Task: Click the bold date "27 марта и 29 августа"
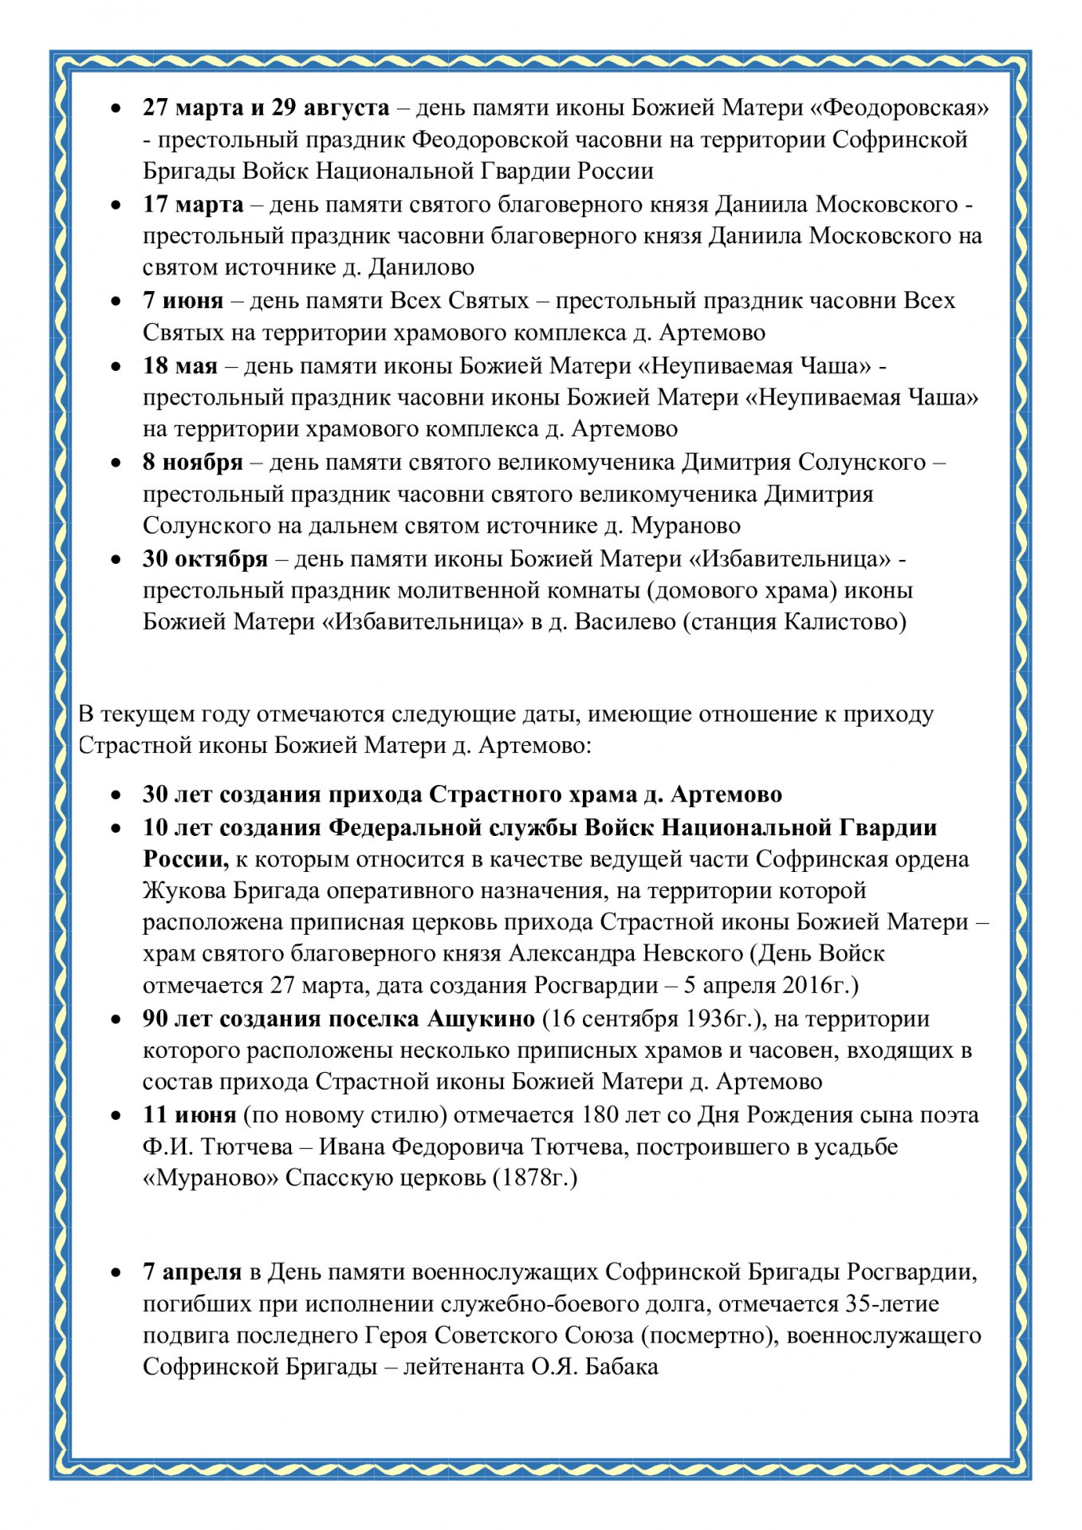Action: pyautogui.click(x=266, y=108)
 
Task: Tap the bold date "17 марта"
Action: pyautogui.click(x=193, y=204)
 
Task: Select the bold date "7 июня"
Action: pyautogui.click(x=183, y=301)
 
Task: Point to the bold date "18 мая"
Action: pyautogui.click(x=179, y=365)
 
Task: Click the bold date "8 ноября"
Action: pyautogui.click(x=192, y=462)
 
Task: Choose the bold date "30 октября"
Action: pyautogui.click(x=205, y=558)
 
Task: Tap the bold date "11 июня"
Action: pyautogui.click(x=189, y=1114)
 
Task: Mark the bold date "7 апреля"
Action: pyautogui.click(x=191, y=1272)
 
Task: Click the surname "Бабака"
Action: pyautogui.click(x=622, y=1366)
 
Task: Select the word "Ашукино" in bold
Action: pyautogui.click(x=481, y=1019)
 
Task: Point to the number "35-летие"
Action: pyautogui.click(x=891, y=1303)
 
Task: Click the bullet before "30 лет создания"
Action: pyautogui.click(x=117, y=795)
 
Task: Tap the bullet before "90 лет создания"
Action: pyautogui.click(x=117, y=1019)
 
